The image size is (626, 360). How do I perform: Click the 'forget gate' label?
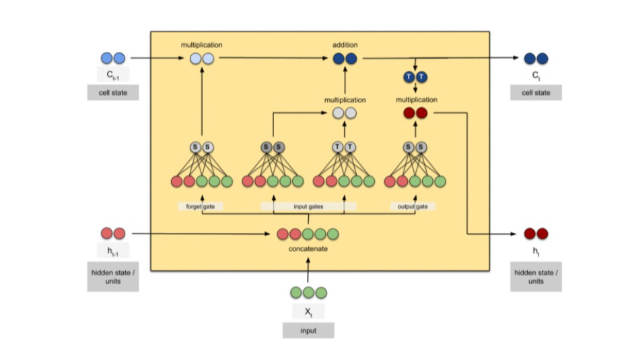click(200, 207)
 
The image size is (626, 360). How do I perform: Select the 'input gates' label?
click(309, 207)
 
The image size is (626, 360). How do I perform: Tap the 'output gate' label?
click(412, 207)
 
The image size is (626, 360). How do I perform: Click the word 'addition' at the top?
click(345, 45)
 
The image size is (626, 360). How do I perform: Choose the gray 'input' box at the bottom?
click(308, 330)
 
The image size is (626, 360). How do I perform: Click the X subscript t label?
click(308, 311)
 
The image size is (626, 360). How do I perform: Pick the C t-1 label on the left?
click(113, 75)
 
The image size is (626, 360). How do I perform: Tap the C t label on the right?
click(536, 75)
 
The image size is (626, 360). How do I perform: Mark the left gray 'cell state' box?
click(113, 93)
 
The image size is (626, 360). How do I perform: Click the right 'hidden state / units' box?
click(536, 277)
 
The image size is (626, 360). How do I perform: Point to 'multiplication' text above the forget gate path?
click(201, 45)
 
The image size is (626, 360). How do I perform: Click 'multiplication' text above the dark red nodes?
click(417, 100)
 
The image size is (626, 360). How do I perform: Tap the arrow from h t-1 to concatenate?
click(202, 233)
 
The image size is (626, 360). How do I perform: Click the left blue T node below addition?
click(408, 77)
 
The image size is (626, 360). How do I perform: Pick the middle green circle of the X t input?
click(308, 292)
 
